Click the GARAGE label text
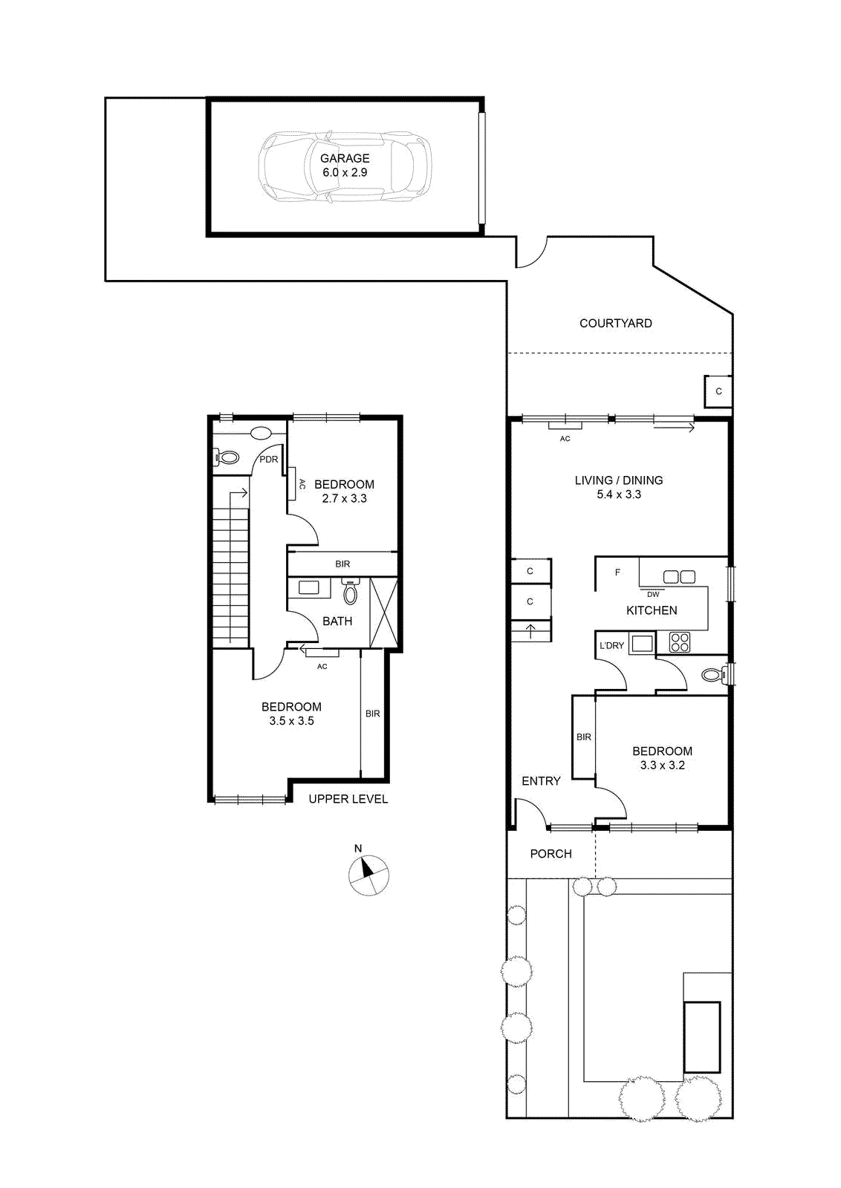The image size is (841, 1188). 345,158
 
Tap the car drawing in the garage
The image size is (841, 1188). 345,166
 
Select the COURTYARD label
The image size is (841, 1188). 615,323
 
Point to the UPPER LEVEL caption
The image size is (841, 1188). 348,799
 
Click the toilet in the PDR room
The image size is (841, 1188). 226,456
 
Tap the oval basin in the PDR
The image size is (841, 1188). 261,433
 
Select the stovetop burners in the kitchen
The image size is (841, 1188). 680,642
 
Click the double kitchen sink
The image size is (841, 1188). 679,576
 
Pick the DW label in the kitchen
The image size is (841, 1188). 653,595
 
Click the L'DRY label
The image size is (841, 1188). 611,645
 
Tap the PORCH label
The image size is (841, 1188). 551,853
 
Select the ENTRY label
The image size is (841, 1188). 541,780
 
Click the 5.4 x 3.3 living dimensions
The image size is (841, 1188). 619,495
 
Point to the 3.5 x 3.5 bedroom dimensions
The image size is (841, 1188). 291,721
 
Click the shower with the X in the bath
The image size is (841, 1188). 383,612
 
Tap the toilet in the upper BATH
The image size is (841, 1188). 350,591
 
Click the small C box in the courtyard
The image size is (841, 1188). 718,391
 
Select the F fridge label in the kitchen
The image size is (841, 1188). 617,572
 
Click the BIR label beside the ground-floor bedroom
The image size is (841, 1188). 584,737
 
